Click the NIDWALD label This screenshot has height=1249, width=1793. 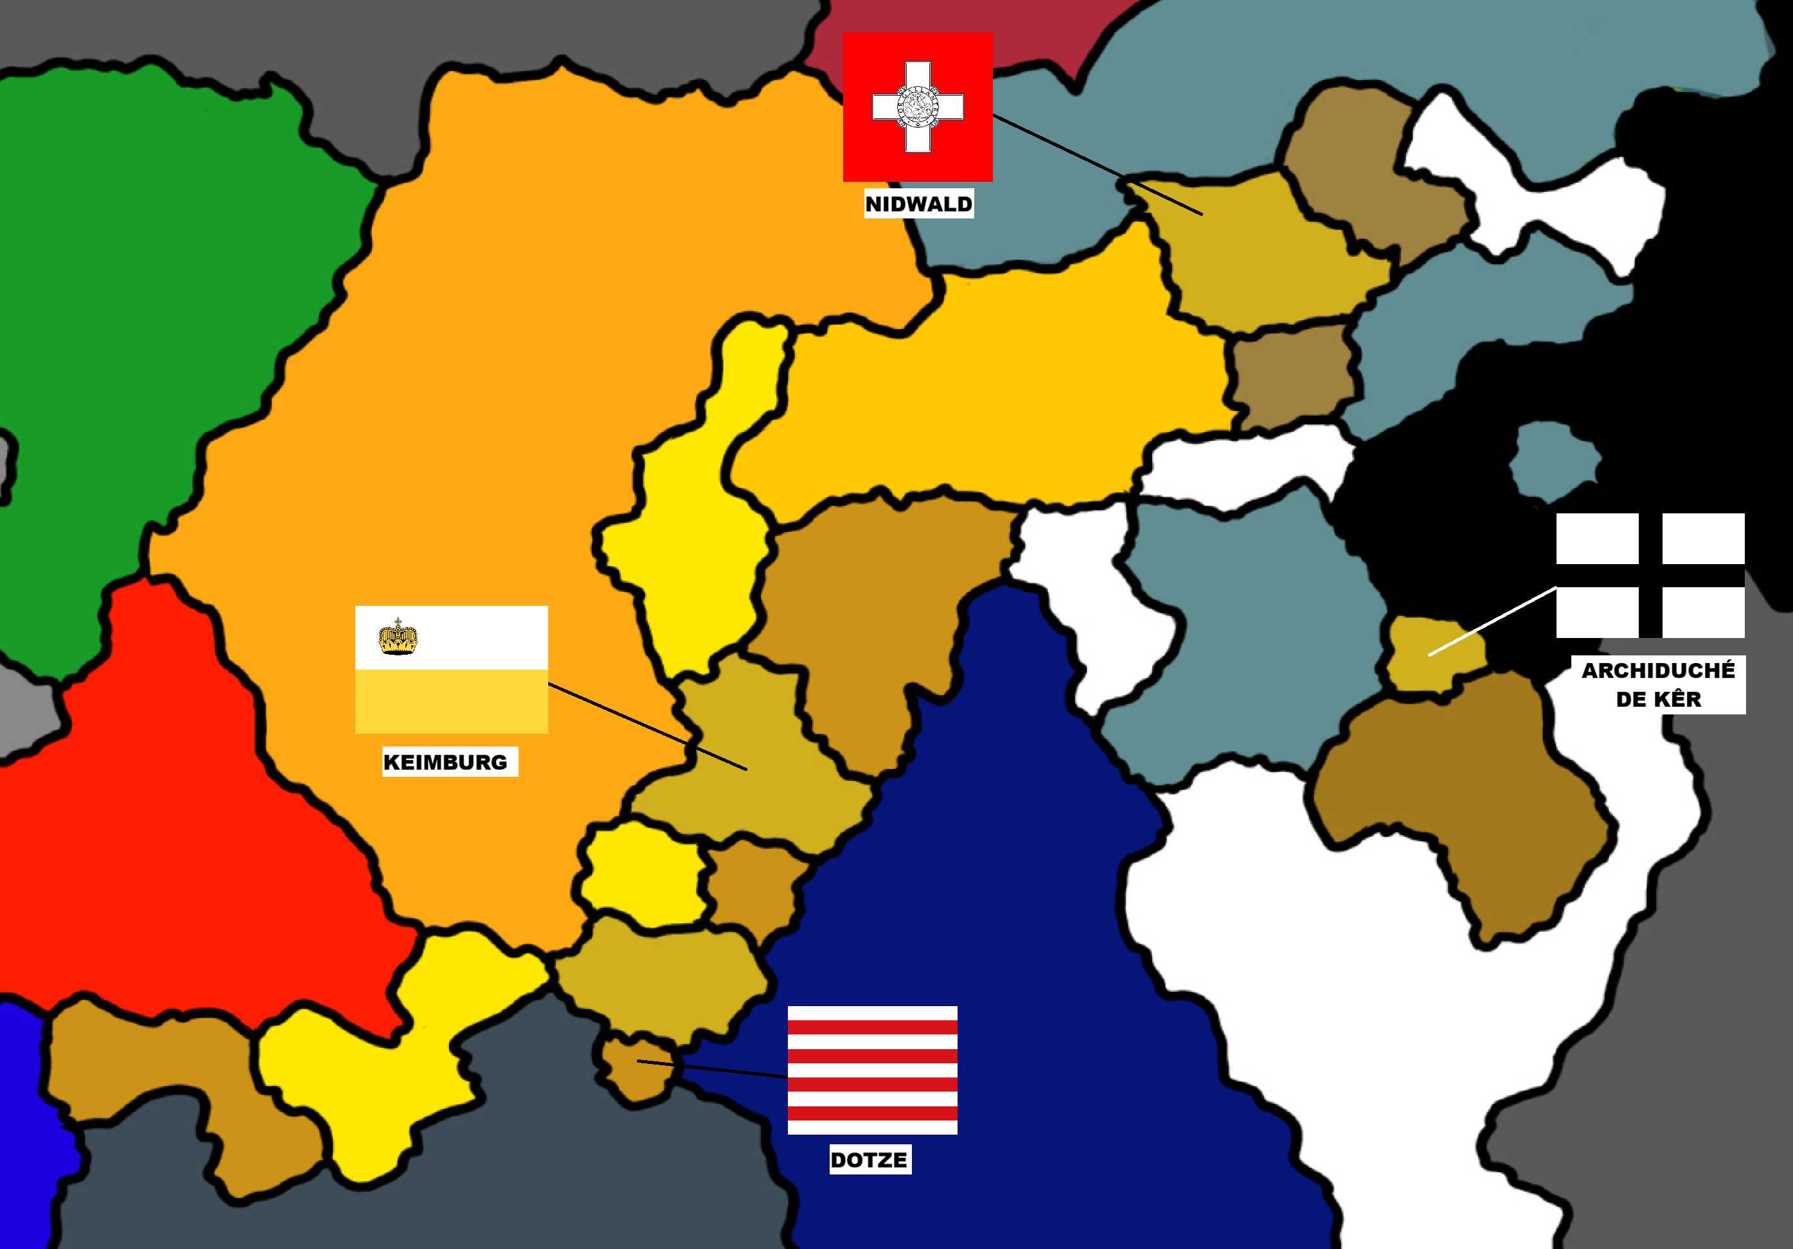[918, 204]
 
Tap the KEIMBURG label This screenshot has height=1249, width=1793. [445, 762]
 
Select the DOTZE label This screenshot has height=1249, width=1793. [868, 1160]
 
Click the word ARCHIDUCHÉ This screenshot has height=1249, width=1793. [1658, 671]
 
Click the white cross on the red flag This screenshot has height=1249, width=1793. [918, 107]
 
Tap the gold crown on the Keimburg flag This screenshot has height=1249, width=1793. [398, 637]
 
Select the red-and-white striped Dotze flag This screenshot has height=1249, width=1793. [872, 1070]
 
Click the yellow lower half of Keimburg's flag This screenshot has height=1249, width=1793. [451, 701]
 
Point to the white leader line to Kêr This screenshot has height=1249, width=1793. [1492, 621]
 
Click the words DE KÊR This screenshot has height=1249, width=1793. [1658, 700]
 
